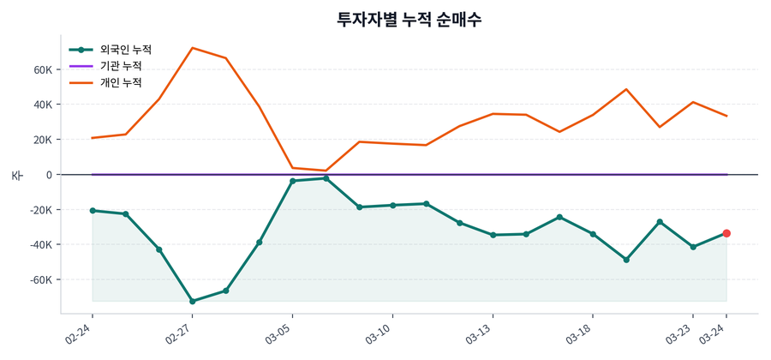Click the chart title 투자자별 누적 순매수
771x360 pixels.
click(x=409, y=19)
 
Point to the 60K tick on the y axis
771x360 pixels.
click(x=43, y=69)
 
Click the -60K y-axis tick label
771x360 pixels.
click(x=41, y=280)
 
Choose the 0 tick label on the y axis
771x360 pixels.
click(x=50, y=175)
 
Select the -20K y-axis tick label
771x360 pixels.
click(x=41, y=210)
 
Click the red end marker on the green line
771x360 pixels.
click(x=726, y=233)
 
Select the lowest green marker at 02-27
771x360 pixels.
click(x=192, y=302)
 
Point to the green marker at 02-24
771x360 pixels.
click(x=92, y=211)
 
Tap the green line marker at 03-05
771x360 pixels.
click(x=292, y=181)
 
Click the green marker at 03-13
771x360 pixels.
click(x=493, y=235)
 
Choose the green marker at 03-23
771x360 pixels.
click(x=693, y=247)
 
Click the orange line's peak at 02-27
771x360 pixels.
click(x=192, y=48)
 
